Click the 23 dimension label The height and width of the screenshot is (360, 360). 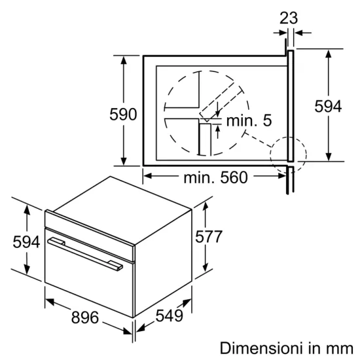click(x=288, y=18)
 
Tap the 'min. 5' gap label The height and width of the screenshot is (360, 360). click(x=249, y=120)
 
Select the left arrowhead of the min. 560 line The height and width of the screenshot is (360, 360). click(x=147, y=175)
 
